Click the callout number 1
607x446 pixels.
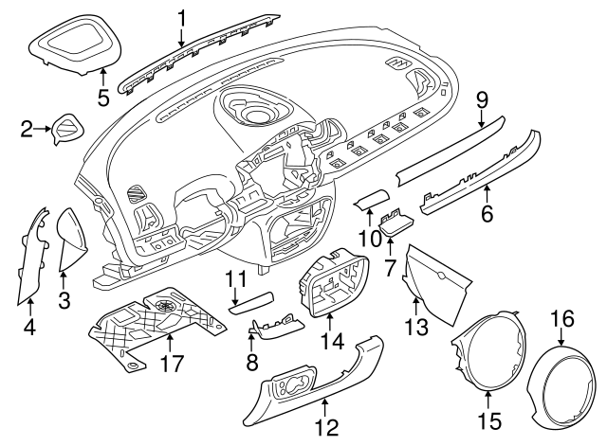pos(181,16)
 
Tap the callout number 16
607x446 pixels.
pos(562,317)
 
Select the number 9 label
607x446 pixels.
pos(482,98)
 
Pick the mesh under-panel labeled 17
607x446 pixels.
pos(156,322)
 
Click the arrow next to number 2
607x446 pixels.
pos(46,128)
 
